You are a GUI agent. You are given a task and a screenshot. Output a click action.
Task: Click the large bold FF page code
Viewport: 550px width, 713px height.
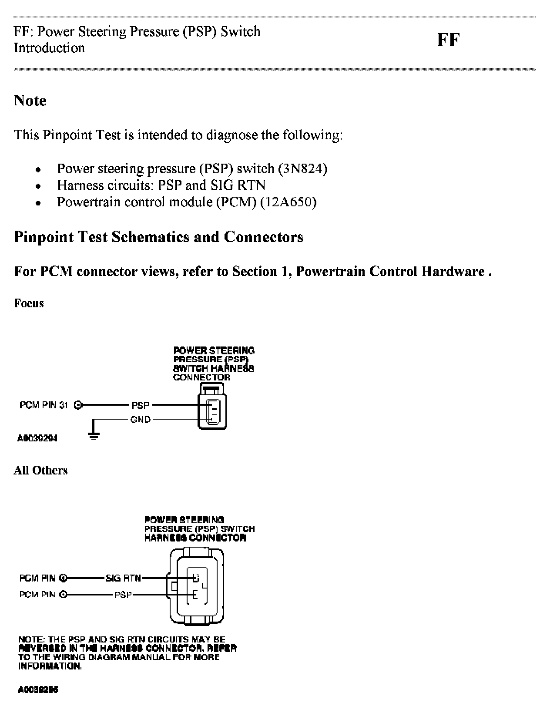coord(448,40)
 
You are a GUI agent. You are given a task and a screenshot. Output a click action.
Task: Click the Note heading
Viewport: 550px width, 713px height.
coord(30,101)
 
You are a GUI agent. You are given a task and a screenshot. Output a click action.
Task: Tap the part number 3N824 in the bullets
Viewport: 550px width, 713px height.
coord(303,168)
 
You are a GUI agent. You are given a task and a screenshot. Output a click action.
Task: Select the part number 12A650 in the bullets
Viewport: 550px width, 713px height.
coord(288,202)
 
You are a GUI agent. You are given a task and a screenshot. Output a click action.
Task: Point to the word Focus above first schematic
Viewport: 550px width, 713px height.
coord(29,303)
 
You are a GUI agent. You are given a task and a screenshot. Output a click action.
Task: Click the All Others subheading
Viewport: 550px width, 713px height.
coord(40,471)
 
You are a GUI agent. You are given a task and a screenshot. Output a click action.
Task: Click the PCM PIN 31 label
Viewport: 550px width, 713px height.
coord(44,405)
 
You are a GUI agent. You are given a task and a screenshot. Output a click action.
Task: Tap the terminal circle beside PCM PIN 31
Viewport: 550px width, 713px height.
coord(78,405)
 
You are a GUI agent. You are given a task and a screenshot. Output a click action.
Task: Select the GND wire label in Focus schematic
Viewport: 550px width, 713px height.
coord(140,420)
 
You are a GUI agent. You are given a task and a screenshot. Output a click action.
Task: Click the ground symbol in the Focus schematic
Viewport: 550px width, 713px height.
coord(93,435)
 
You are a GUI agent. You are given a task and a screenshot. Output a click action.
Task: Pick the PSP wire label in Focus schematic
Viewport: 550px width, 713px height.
coord(140,405)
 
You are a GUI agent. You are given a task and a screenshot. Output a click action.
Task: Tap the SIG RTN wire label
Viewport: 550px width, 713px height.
coord(123,578)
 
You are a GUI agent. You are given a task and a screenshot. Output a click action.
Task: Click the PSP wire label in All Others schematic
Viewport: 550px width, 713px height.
coord(123,594)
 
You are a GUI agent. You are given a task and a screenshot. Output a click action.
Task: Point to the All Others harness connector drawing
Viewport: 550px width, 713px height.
coord(197,586)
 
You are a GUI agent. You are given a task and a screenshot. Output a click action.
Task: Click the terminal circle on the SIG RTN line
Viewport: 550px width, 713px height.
coord(64,578)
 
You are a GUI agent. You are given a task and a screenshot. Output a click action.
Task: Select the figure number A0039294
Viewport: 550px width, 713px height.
coord(37,438)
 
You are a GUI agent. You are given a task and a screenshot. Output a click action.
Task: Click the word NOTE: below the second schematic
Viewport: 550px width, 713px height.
coord(32,639)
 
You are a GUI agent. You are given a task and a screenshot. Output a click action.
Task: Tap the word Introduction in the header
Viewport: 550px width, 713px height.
coord(49,48)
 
